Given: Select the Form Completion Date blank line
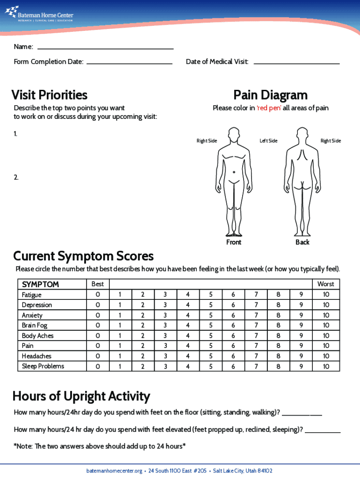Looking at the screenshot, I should pos(130,62).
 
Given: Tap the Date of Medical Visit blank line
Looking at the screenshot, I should pos(296,62).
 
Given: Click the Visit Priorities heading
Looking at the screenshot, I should pos(49,95).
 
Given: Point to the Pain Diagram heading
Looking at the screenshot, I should pos(270,95).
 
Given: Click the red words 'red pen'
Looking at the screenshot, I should pos(268,108).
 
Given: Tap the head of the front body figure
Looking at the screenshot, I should pos(233,136).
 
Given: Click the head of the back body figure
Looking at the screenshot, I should pos(302,136).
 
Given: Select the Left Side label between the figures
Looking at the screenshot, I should pos(268,141).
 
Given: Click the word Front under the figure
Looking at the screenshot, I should pos(234,242).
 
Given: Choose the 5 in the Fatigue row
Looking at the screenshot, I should pos(211,295).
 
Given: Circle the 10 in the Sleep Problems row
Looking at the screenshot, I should pos(326,366).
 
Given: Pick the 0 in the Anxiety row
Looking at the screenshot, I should pos(98,315).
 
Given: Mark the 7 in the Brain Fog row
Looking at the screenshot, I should pos(256,326).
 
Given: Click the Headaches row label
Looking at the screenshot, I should pos(36,356).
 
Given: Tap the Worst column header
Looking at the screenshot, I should pos(326,284).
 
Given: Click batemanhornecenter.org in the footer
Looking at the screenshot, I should pos(114,471).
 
